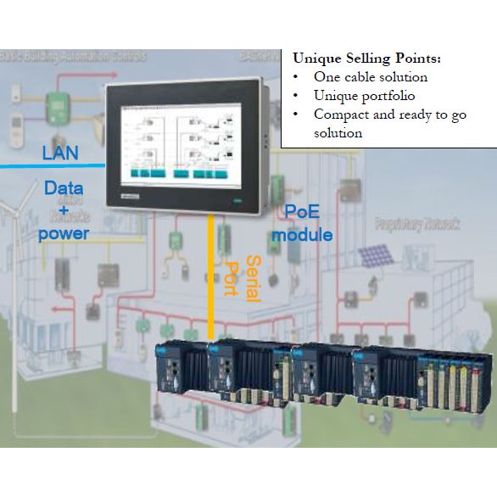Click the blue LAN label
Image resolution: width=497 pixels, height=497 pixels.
pos(60,154)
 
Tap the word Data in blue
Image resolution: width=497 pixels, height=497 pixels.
pos(63,189)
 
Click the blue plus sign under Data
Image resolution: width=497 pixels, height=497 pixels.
pos(63,210)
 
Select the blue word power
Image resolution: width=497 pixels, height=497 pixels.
pos(63,231)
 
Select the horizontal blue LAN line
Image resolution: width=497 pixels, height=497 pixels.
pos(51,166)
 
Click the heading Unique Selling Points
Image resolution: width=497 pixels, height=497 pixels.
pos(366,59)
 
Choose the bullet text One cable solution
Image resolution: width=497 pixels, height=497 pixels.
pos(370,77)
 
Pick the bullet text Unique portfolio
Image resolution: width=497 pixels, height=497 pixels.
pos(364,96)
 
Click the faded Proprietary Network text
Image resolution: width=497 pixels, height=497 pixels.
pos(417,225)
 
